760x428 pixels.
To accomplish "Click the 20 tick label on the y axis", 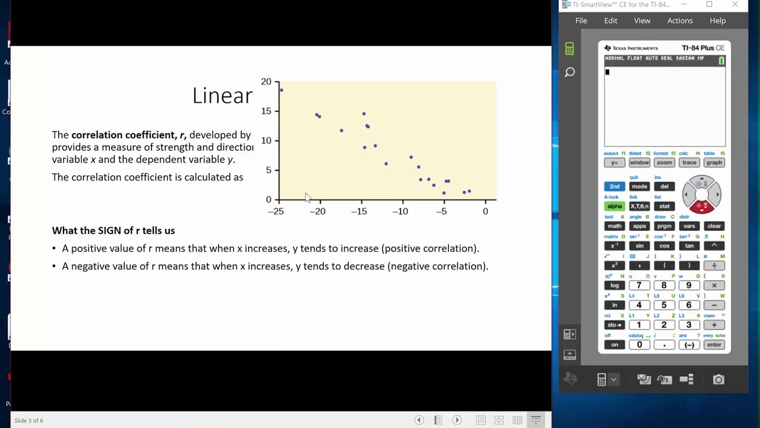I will [x=265, y=82].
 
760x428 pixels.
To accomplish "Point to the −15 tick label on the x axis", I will [x=359, y=211].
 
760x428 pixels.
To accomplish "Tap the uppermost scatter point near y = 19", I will [x=281, y=90].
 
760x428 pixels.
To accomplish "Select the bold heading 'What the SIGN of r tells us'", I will [x=113, y=231].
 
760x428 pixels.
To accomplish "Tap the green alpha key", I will [x=615, y=206].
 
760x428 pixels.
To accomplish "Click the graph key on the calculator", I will [x=714, y=163].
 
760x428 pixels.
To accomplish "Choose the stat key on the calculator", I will [x=664, y=206].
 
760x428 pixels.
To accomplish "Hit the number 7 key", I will [x=639, y=285].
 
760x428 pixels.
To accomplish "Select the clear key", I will [x=714, y=226].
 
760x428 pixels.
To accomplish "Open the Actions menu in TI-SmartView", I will [x=680, y=21].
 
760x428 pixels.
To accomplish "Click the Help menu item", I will [x=717, y=21].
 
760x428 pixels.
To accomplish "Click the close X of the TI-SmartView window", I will [x=735, y=5].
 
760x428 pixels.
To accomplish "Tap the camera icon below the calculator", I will [x=718, y=379].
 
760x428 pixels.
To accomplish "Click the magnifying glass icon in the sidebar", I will [x=570, y=73].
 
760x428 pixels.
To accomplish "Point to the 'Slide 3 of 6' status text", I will [x=28, y=421].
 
